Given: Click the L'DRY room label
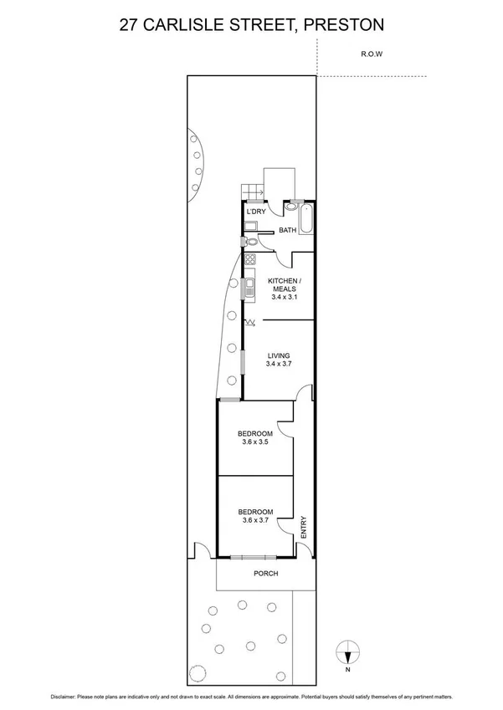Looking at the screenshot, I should pyautogui.click(x=255, y=212).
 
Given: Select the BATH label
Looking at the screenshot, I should pyautogui.click(x=288, y=230).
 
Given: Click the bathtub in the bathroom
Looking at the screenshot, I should pyautogui.click(x=306, y=219).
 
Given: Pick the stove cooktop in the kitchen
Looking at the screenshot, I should pyautogui.click(x=249, y=260).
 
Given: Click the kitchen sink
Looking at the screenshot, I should pyautogui.click(x=249, y=289).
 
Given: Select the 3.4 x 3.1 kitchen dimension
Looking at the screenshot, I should pyautogui.click(x=284, y=296).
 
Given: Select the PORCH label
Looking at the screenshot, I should pyautogui.click(x=266, y=574).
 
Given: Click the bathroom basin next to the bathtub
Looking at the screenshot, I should pyautogui.click(x=289, y=206).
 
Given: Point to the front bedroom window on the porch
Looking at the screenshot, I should pyautogui.click(x=249, y=556).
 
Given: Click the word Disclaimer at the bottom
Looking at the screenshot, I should pyautogui.click(x=69, y=696).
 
